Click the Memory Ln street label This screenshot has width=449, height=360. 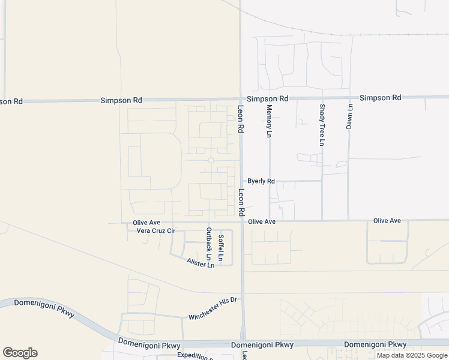(x=269, y=121)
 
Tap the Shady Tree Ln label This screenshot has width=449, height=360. (x=322, y=125)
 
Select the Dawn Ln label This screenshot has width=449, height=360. (x=349, y=116)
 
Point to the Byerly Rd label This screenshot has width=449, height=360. (x=261, y=181)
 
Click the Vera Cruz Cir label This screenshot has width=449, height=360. (x=155, y=230)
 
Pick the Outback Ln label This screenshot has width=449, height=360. (x=209, y=248)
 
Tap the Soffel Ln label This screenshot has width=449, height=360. (x=221, y=247)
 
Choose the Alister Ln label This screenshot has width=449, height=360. (x=200, y=263)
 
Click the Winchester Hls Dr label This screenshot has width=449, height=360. (x=213, y=308)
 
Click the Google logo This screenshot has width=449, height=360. (x=20, y=353)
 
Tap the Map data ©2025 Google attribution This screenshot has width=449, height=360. (x=412, y=355)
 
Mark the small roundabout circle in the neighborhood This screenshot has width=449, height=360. (x=211, y=160)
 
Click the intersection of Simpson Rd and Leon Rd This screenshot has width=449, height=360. (x=241, y=99)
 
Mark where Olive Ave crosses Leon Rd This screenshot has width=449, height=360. (x=242, y=221)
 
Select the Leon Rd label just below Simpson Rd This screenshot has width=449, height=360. (x=240, y=119)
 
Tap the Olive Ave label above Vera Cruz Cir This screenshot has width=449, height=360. (x=146, y=223)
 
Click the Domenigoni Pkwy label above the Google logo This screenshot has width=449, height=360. (x=38, y=303)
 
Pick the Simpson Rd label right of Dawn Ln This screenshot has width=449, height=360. (x=380, y=97)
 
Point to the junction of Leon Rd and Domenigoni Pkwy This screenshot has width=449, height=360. (x=243, y=343)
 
